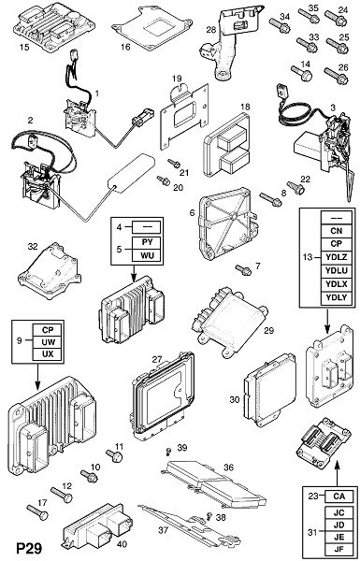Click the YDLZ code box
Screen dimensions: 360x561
pyautogui.click(x=337, y=257)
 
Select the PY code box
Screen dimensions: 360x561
pyautogui.click(x=147, y=243)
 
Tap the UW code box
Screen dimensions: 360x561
pyautogui.click(x=48, y=342)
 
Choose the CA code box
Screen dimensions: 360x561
pyautogui.click(x=338, y=496)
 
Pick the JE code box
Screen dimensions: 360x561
pyautogui.click(x=338, y=537)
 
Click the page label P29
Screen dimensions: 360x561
pyautogui.click(x=29, y=548)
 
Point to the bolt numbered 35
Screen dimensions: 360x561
pyautogui.click(x=309, y=16)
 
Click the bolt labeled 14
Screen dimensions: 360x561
pyautogui.click(x=301, y=73)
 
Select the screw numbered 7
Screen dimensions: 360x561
pyautogui.click(x=243, y=270)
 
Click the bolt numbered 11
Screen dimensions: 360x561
pyautogui.click(x=114, y=456)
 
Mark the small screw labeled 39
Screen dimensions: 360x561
pyautogui.click(x=167, y=452)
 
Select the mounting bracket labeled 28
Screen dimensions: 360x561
pyautogui.click(x=229, y=43)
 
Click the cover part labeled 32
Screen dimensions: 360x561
pyautogui.click(x=49, y=270)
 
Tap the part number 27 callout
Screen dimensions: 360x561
pyautogui.click(x=157, y=360)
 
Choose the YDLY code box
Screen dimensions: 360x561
pyautogui.click(x=337, y=297)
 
